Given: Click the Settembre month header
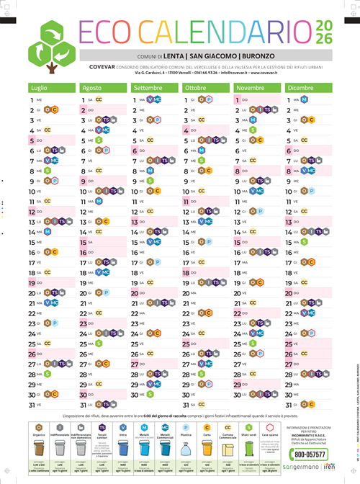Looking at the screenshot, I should coord(148,87).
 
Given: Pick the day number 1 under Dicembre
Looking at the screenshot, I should coord(290,99).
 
